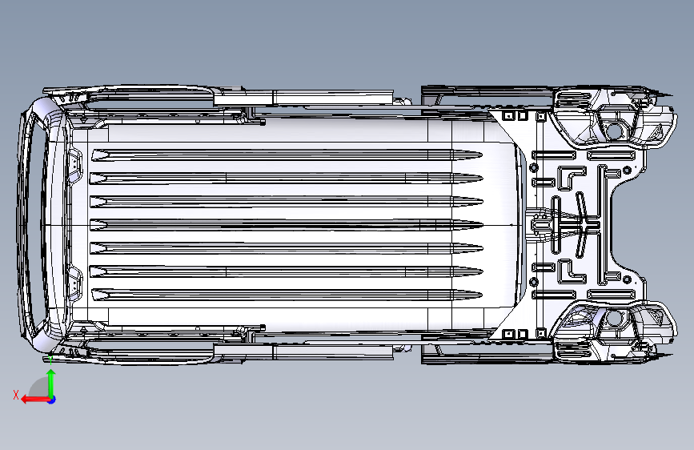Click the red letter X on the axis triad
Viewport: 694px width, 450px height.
[x=16, y=395]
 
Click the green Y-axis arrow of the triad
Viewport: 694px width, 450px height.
[x=51, y=383]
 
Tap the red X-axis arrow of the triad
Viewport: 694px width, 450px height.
[x=35, y=400]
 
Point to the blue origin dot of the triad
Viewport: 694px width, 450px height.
[x=52, y=400]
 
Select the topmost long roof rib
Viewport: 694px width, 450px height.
[x=287, y=155]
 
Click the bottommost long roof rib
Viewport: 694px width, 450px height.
[x=287, y=295]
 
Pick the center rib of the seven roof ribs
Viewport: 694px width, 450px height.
[x=287, y=225]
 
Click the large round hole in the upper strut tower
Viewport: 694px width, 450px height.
[x=614, y=131]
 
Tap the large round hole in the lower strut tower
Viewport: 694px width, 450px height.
[x=614, y=318]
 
